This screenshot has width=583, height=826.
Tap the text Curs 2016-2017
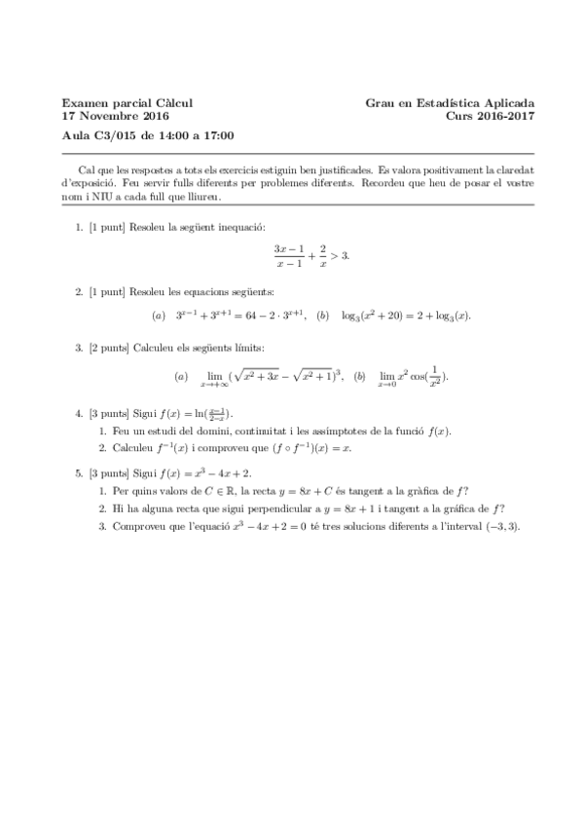[490, 115]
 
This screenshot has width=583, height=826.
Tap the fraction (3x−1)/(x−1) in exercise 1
[290, 255]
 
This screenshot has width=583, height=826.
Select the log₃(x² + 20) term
[375, 315]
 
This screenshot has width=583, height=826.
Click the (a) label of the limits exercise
[180, 376]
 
